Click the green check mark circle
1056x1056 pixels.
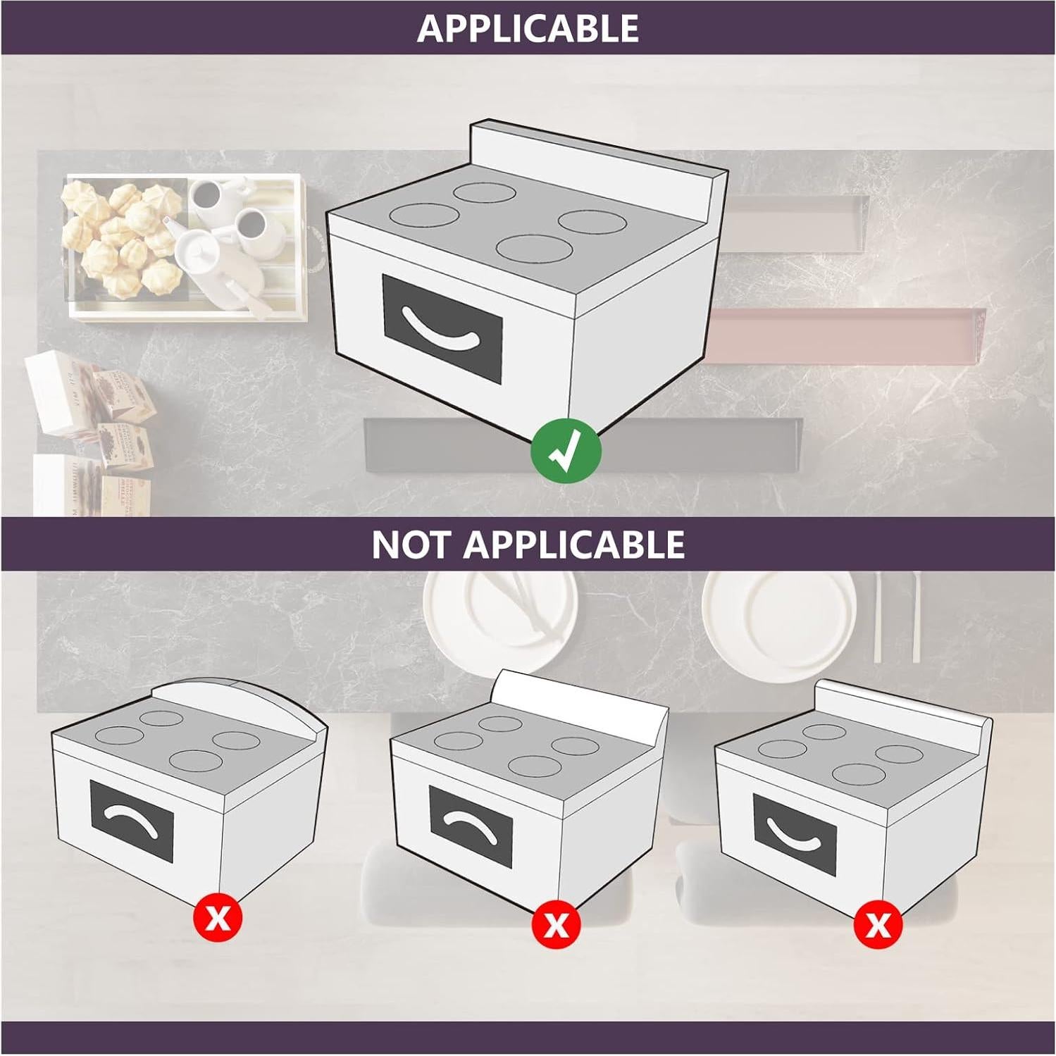566,451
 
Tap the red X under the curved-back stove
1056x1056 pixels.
218,918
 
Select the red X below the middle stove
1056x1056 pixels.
557,924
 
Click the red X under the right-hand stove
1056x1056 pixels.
878,924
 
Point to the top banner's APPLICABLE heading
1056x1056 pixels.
528,28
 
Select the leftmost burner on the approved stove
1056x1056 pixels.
424,215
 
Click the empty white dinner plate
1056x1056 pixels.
778,616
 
